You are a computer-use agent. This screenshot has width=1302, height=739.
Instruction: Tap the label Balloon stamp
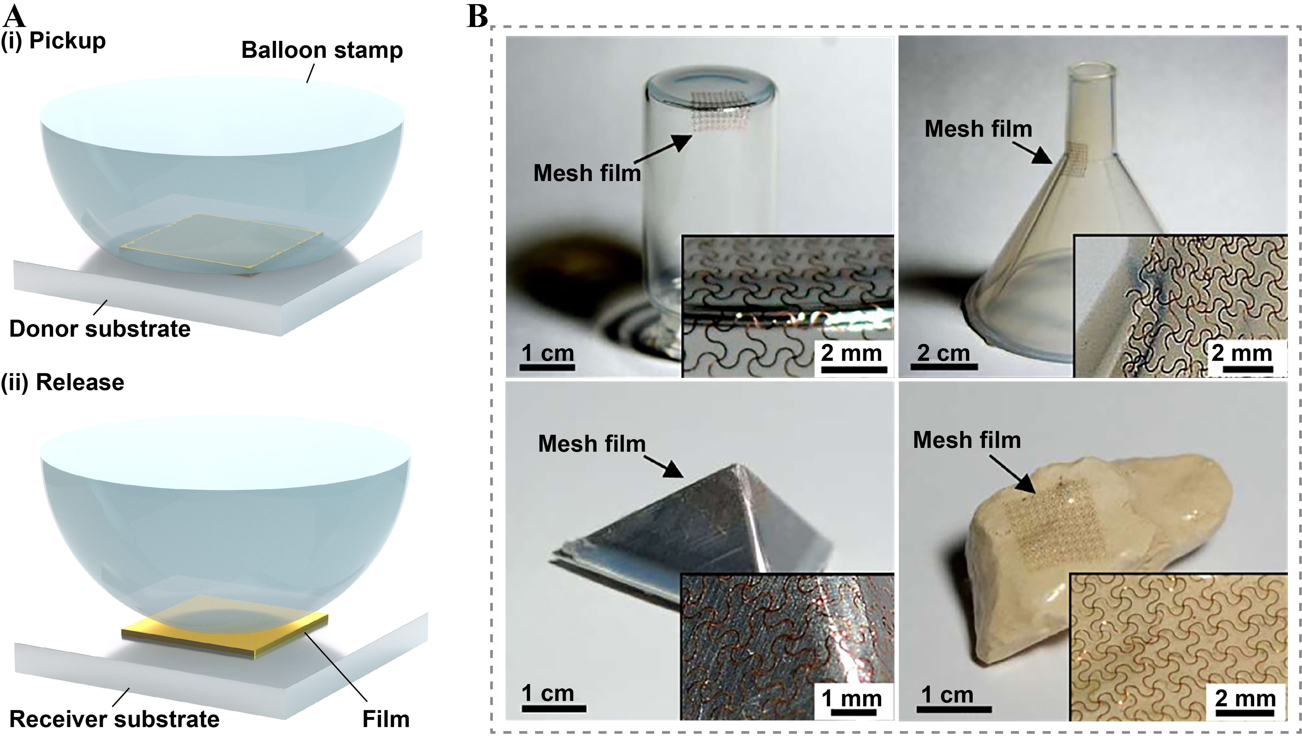[x=322, y=50]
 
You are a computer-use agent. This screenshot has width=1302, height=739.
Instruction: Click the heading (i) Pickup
[x=53, y=40]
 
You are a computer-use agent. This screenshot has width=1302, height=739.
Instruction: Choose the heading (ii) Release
[x=63, y=382]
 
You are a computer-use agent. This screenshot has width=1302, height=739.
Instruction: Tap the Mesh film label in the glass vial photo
[x=587, y=173]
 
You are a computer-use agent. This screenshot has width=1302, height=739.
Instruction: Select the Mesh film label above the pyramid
[x=591, y=444]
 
